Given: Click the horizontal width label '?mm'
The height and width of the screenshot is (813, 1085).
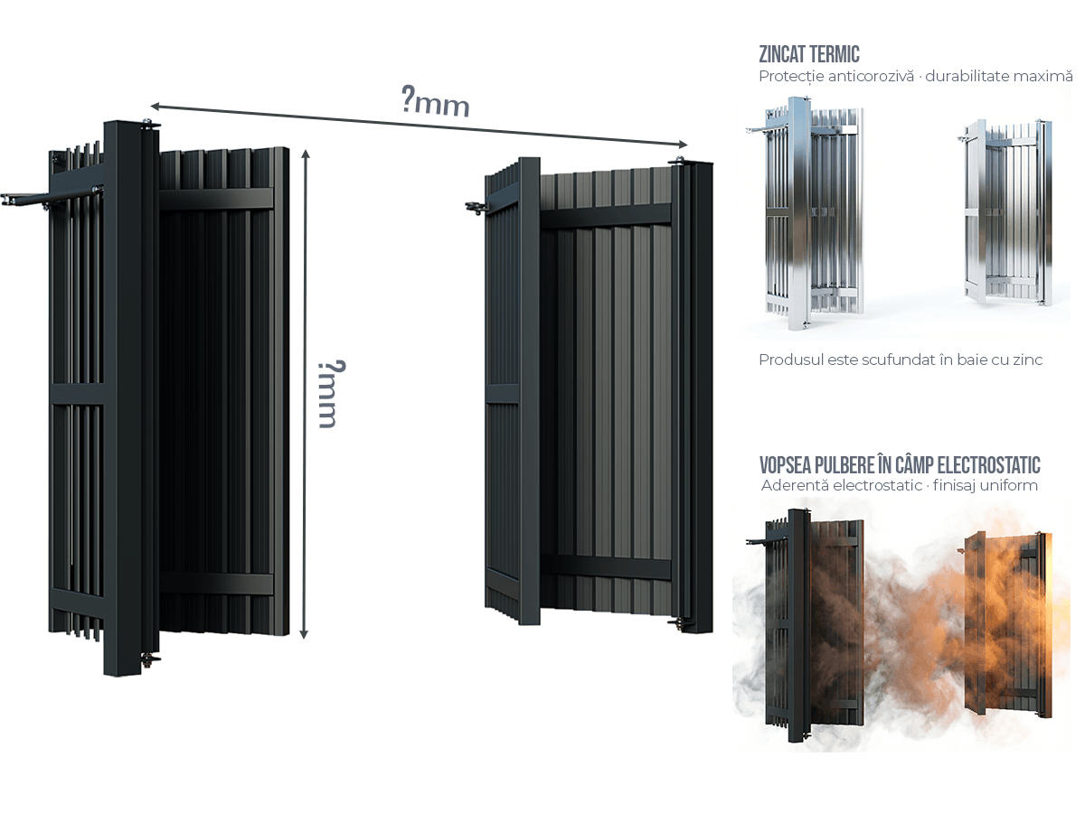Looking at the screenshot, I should (436, 101).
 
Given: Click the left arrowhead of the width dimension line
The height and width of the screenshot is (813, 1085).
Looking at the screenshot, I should (154, 107).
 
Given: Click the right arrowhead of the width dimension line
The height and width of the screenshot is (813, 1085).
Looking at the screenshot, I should (684, 145).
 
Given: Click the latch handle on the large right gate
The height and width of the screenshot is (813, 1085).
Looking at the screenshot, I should (474, 209).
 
